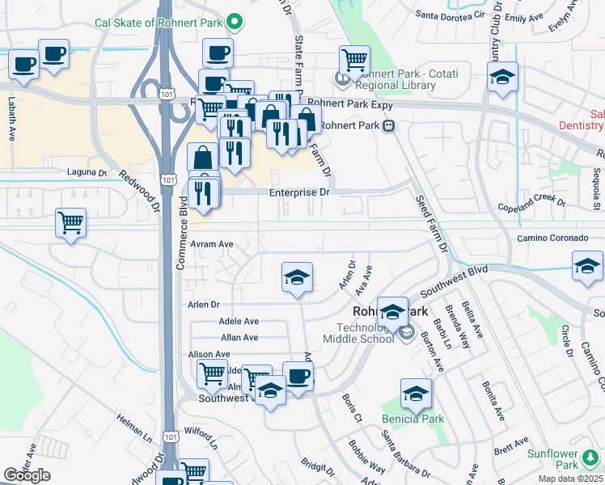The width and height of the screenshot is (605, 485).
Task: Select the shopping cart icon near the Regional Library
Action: (354, 60)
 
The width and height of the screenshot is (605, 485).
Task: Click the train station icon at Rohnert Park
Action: (389, 126)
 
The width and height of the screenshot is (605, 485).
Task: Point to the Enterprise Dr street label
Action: (300, 192)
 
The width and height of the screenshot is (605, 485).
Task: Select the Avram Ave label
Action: (211, 244)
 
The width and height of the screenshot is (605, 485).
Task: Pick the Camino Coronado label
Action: (552, 238)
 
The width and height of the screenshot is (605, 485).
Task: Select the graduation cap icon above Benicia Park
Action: (416, 394)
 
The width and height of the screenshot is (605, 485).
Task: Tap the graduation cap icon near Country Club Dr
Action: (502, 78)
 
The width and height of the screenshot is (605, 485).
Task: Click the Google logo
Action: (27, 475)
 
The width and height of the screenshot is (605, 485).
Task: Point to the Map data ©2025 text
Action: (571, 479)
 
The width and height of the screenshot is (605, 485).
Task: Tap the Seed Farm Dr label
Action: (430, 224)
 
